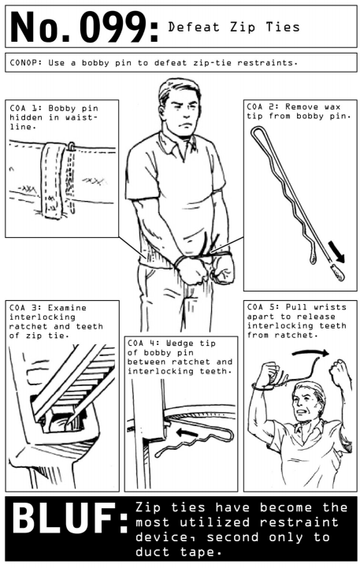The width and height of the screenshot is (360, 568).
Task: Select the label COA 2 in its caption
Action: coord(262,107)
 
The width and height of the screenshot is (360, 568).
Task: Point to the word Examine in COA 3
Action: coord(68,308)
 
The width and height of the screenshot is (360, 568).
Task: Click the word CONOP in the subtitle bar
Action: coord(24,63)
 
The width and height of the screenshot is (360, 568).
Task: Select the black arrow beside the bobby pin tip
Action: coord(336,252)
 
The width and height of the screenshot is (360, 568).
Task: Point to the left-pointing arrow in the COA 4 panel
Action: coord(187,432)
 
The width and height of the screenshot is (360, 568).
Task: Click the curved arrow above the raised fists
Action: coord(310,351)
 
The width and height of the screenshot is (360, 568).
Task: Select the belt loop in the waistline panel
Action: coord(53,180)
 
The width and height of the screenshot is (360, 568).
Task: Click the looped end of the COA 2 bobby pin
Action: coord(258,131)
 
